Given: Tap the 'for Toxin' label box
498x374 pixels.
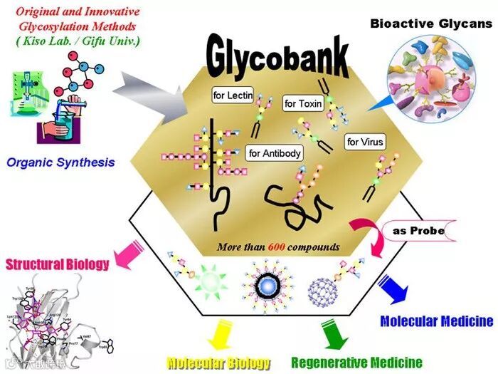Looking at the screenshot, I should [x=303, y=103].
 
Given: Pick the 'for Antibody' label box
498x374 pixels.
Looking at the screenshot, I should [x=275, y=152].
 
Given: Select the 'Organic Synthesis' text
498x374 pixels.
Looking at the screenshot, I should [x=60, y=162].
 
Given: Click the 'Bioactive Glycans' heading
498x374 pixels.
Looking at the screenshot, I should [x=430, y=24].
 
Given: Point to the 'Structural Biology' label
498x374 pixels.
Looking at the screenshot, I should [x=58, y=265].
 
